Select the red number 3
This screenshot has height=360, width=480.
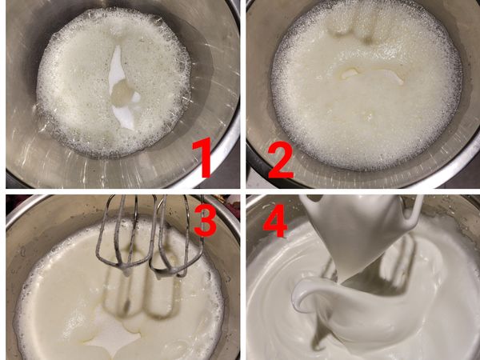coord(205,218)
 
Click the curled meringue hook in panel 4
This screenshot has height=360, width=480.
coord(298,294)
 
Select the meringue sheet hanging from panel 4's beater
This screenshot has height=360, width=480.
coord(355,233)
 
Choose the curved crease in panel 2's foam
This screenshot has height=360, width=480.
coord(372,74)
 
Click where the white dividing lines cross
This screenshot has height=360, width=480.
coord(243,192)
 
